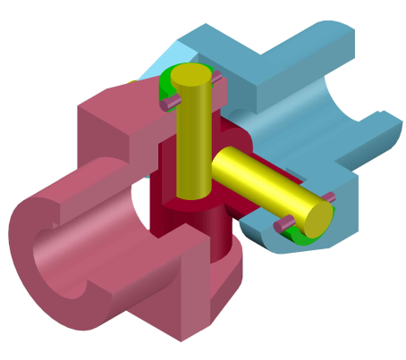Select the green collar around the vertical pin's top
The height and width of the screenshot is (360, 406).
pyautogui.click(x=166, y=88)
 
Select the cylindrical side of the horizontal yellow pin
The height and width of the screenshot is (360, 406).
pyautogui.click(x=259, y=179)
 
